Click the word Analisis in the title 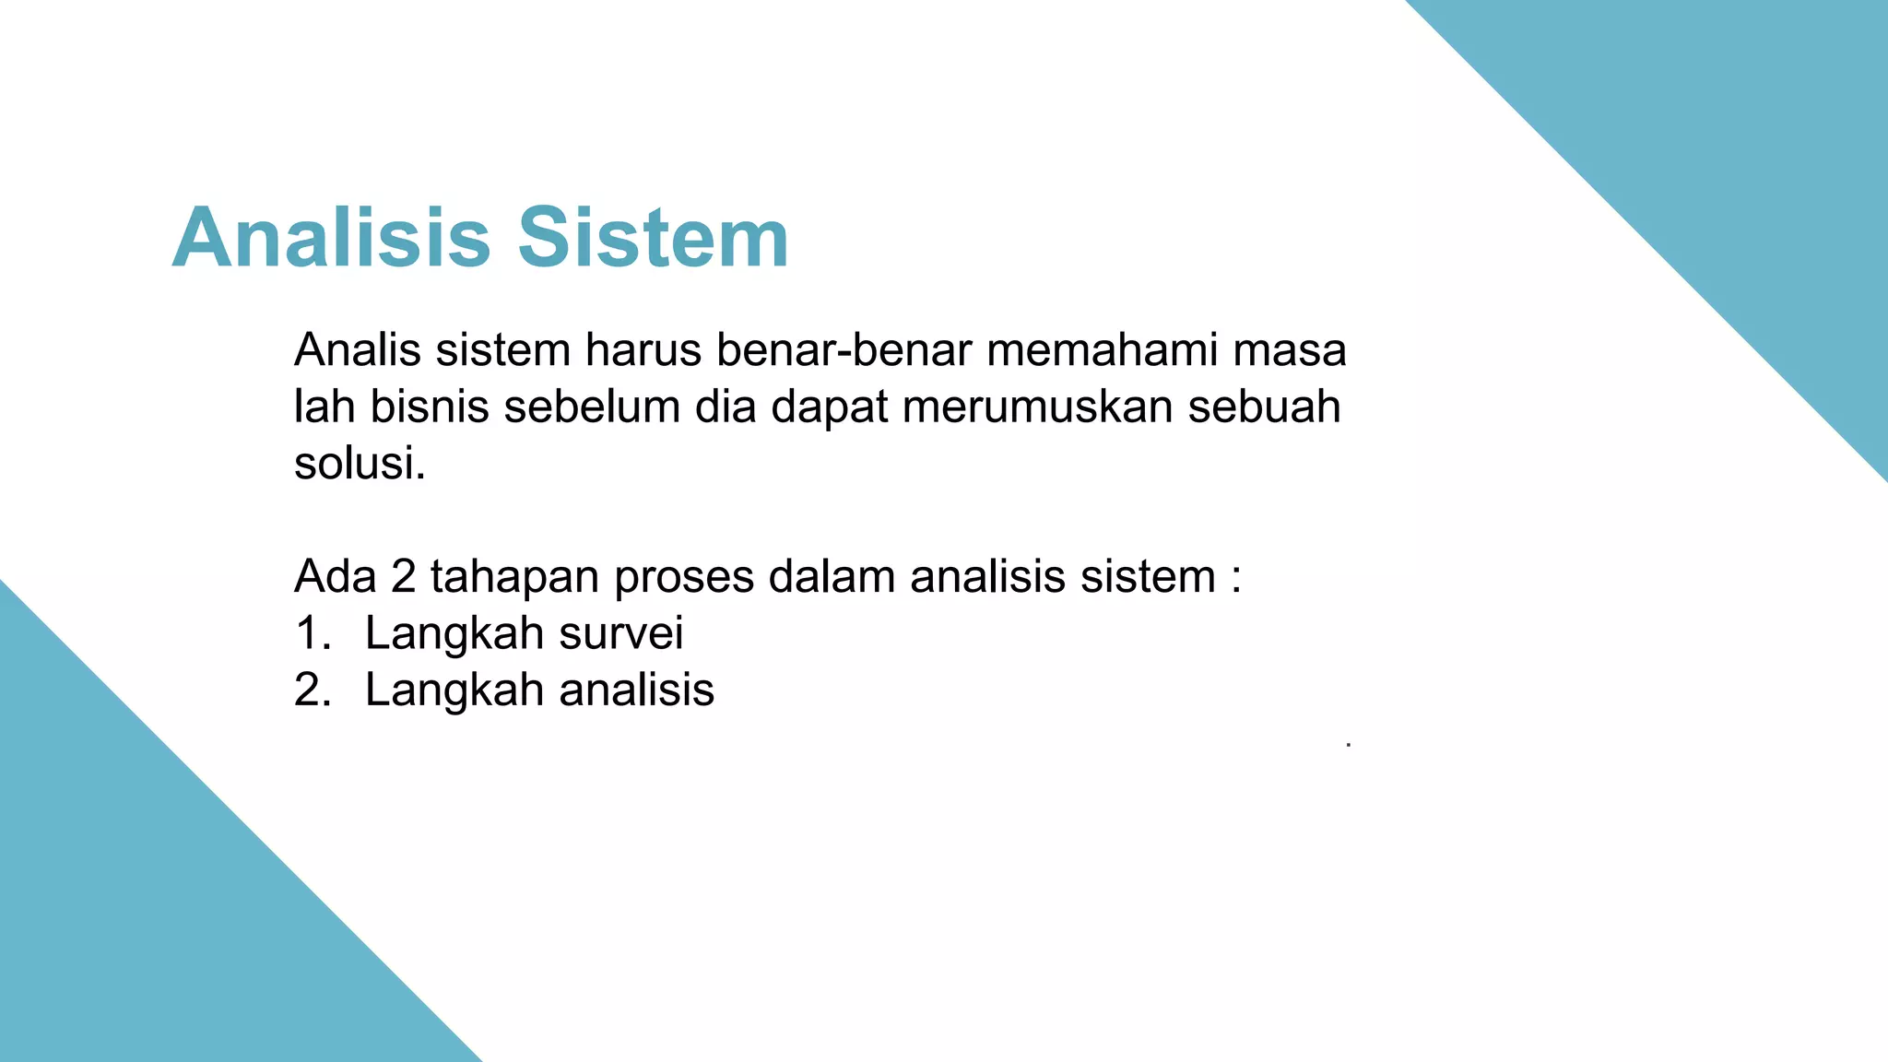point(330,238)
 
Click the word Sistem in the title point(653,238)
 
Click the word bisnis point(429,407)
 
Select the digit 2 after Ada point(404,577)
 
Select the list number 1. point(308,633)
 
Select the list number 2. point(308,690)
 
